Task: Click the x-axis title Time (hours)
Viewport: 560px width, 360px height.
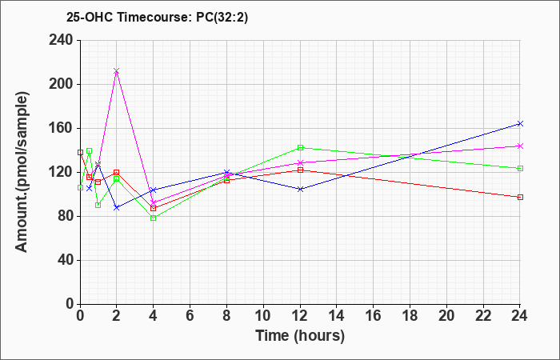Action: (x=300, y=335)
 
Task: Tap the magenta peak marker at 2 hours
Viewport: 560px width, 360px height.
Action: (x=117, y=71)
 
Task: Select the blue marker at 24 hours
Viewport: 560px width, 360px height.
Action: (x=520, y=123)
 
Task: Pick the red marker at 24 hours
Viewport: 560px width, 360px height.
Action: (x=520, y=197)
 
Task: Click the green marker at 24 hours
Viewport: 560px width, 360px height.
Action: (x=520, y=168)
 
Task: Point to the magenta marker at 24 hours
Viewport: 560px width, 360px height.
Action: (x=520, y=146)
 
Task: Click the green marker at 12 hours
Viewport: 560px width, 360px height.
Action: (x=300, y=147)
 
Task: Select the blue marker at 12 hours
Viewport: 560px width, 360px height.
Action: (x=300, y=190)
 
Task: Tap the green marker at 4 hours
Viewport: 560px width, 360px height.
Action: (x=153, y=218)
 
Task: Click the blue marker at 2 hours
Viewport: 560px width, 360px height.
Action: (x=117, y=207)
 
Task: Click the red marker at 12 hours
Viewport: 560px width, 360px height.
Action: (x=300, y=170)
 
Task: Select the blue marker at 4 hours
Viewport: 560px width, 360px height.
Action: (x=153, y=190)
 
